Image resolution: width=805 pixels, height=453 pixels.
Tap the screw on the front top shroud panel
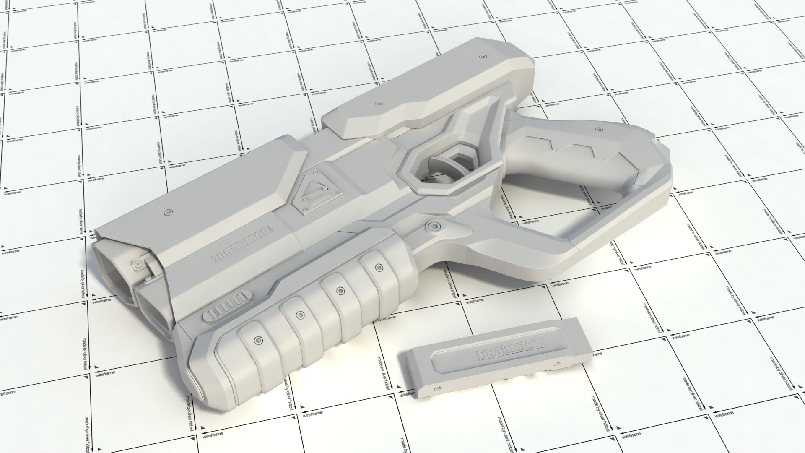(169, 211)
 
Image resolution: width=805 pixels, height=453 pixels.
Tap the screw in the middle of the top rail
(379, 103)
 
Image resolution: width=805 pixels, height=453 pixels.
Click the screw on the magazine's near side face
(438, 388)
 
